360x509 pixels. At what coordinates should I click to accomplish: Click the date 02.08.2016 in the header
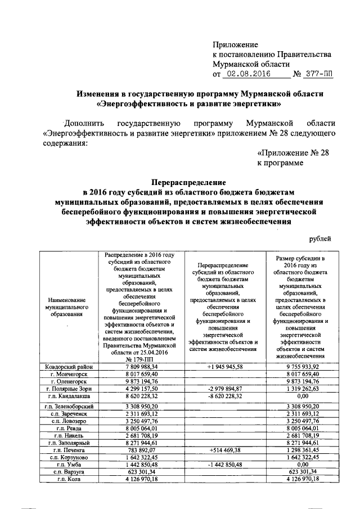(x=248, y=74)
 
